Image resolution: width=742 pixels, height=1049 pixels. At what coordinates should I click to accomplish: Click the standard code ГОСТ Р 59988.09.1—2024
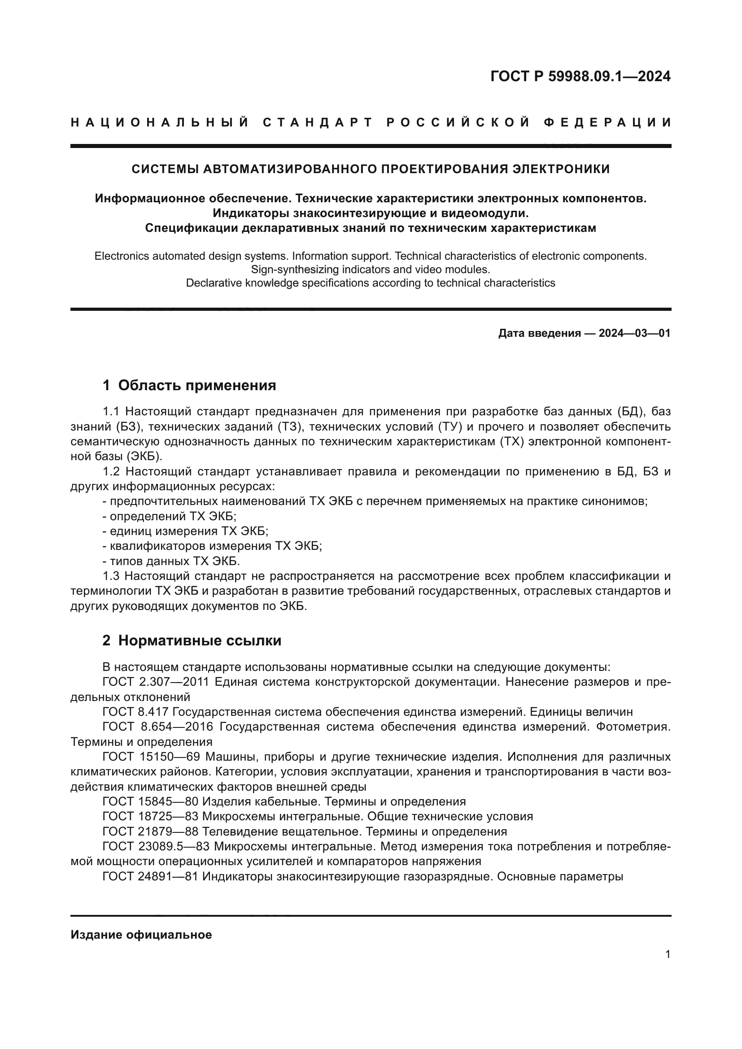(580, 76)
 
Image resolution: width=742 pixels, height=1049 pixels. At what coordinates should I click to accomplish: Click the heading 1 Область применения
(189, 385)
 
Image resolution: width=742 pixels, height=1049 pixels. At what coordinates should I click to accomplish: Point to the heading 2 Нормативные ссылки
(192, 640)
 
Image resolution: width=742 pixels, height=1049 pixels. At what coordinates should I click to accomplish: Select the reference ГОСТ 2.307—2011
(156, 682)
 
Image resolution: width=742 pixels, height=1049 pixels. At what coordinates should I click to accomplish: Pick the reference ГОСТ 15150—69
(151, 757)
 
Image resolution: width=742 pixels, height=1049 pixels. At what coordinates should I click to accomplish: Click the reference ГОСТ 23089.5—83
(156, 847)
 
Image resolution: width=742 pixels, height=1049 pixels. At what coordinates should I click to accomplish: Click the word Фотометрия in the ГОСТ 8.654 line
(633, 727)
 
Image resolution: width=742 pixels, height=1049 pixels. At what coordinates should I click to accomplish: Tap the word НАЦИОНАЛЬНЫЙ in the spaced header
(159, 122)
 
